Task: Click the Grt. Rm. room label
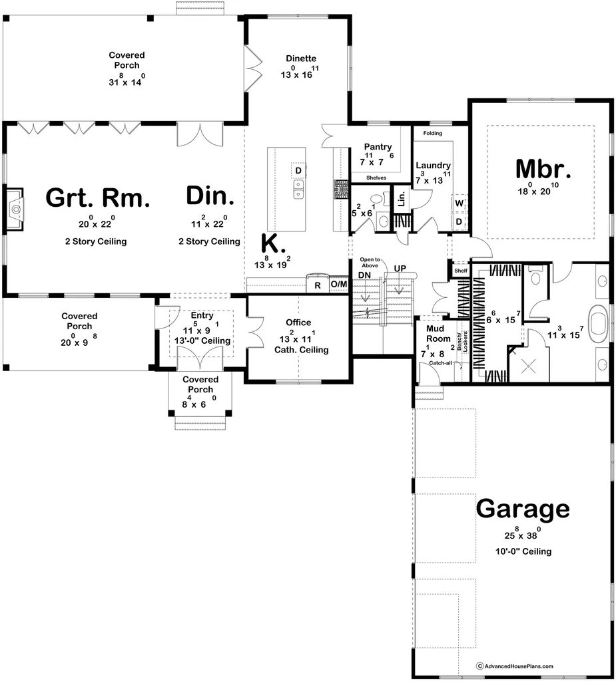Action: (x=97, y=198)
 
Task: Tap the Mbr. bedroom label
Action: (x=543, y=170)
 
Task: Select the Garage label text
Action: (x=523, y=509)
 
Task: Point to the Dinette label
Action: (x=301, y=59)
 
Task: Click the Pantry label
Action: (x=378, y=147)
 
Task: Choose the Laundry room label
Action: (x=434, y=166)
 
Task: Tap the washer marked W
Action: (x=460, y=202)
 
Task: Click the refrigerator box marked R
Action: (x=317, y=285)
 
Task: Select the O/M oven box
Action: (x=339, y=285)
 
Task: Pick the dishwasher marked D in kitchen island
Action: (x=298, y=171)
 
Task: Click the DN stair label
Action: (x=365, y=275)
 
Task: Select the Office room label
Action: (x=298, y=323)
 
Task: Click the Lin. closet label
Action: (x=402, y=200)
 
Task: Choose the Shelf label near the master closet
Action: (x=460, y=271)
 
